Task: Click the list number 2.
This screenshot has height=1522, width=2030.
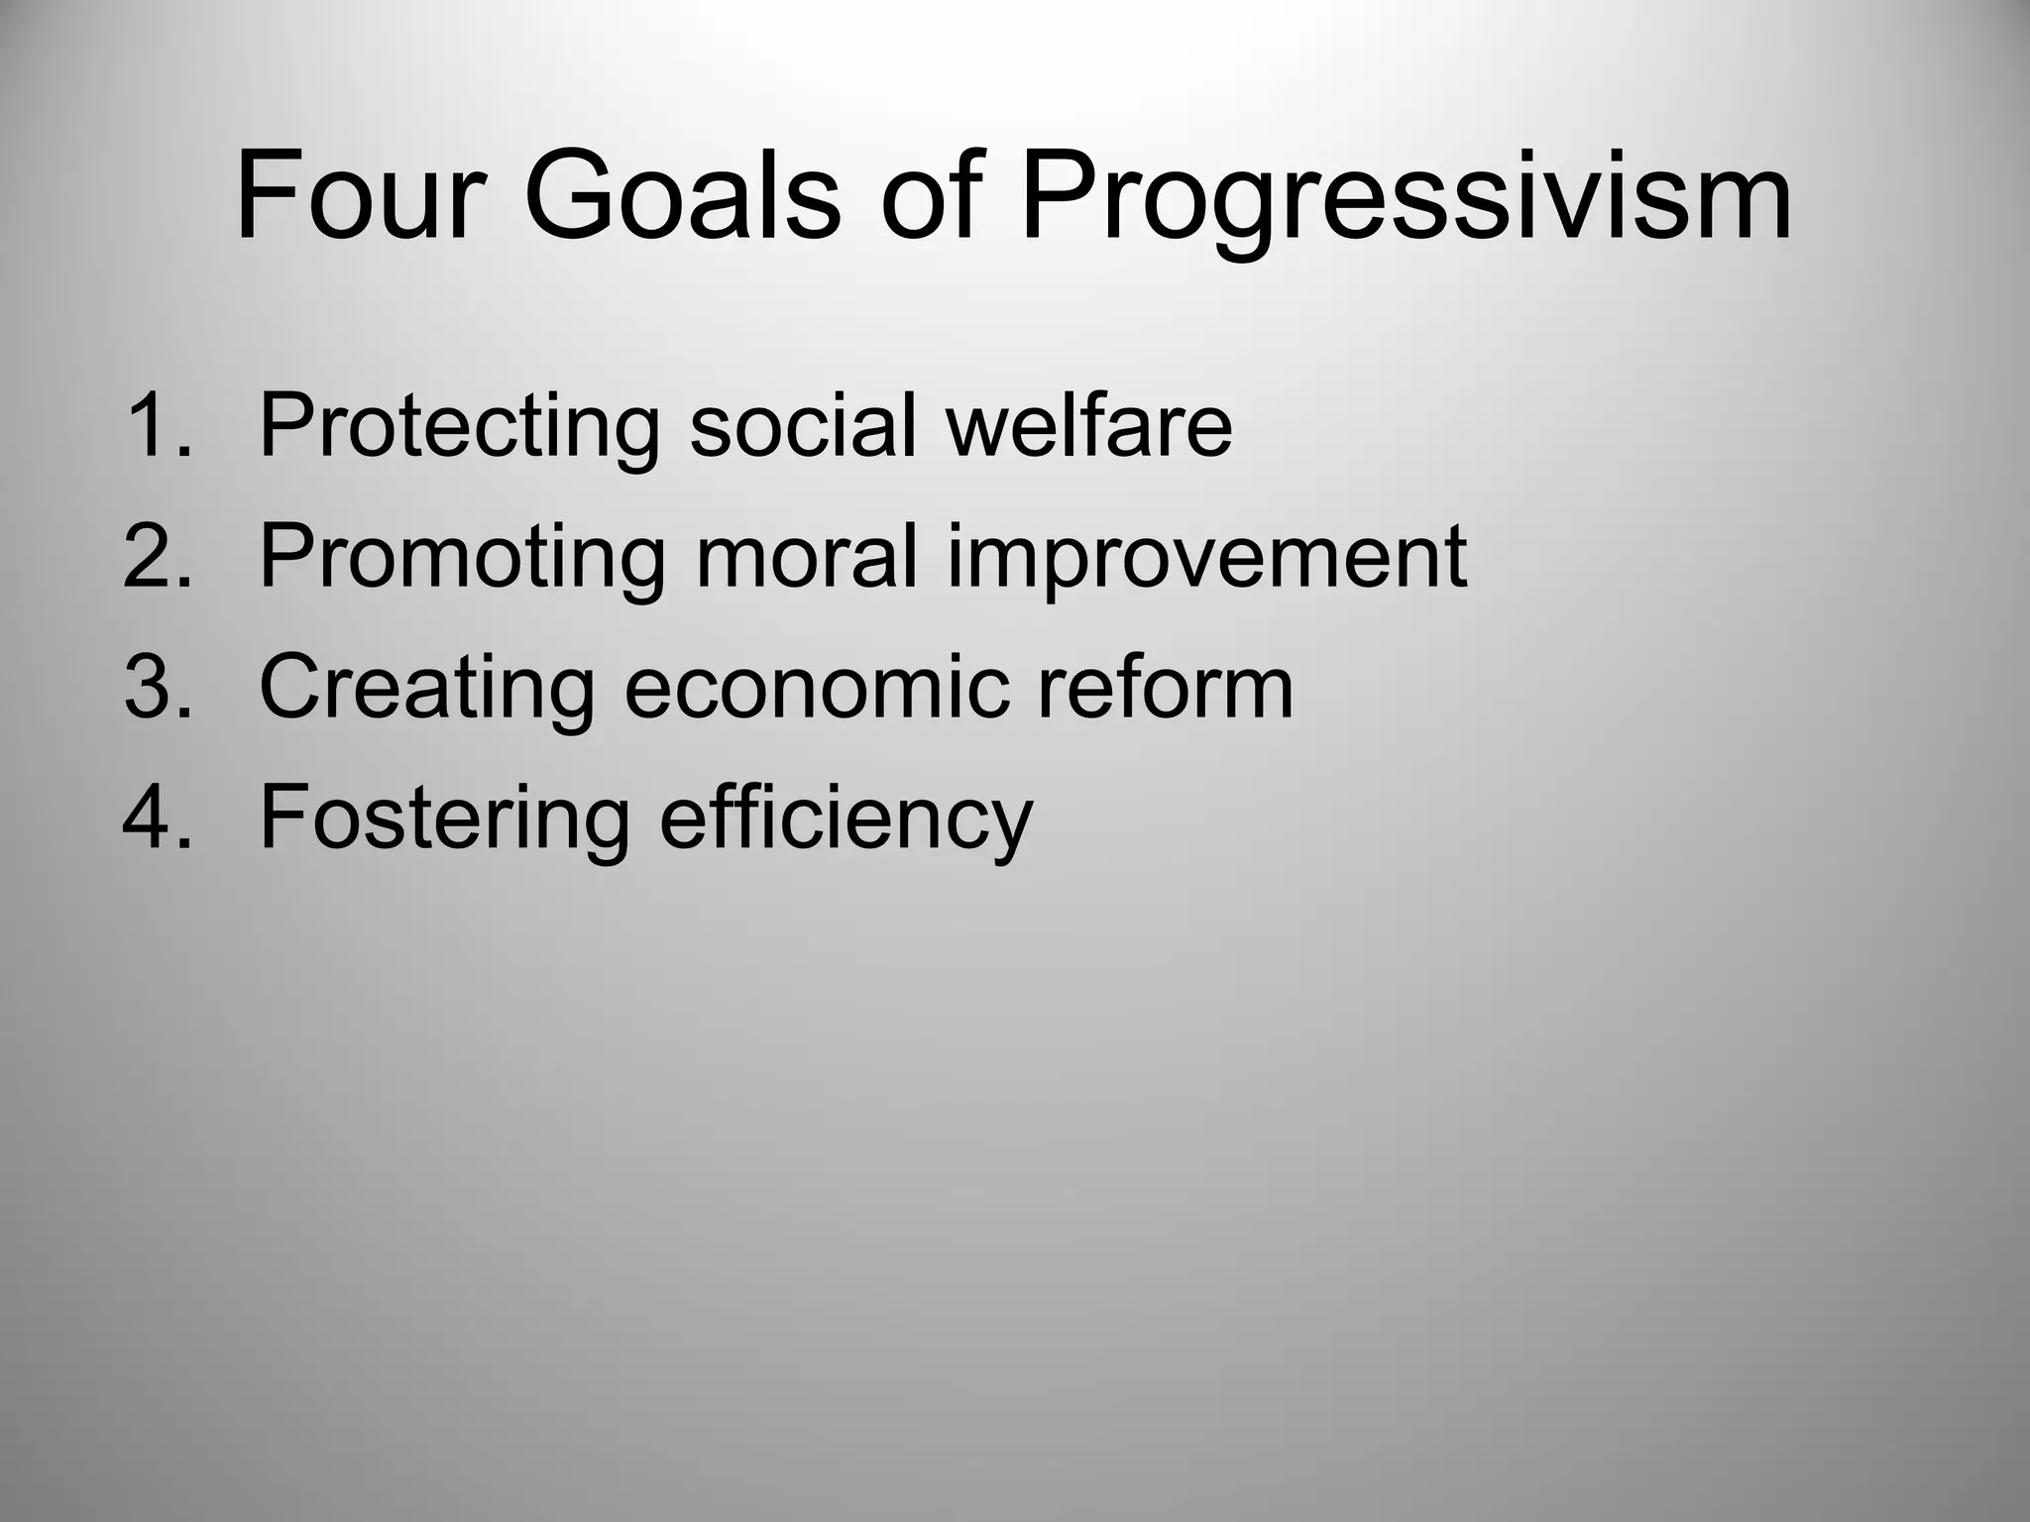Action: point(157,556)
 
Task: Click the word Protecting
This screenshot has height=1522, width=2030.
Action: point(459,428)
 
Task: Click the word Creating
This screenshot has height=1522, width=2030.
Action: point(427,690)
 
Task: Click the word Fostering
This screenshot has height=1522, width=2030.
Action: point(444,820)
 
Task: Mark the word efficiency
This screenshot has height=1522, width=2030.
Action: point(846,820)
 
